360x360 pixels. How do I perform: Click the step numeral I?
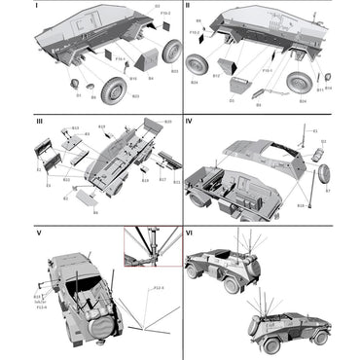[x=9, y=6]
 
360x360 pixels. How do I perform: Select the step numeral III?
[x=10, y=123]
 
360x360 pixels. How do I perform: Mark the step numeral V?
[x=10, y=234]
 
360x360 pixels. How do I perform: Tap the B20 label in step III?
[x=166, y=122]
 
